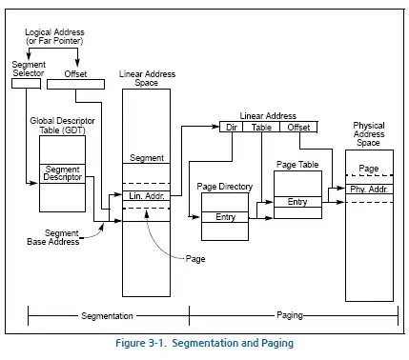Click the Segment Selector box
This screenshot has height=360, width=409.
click(x=26, y=84)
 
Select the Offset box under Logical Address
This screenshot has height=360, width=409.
click(x=75, y=84)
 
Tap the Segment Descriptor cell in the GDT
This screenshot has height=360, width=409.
click(x=62, y=173)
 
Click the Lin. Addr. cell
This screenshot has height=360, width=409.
click(x=146, y=196)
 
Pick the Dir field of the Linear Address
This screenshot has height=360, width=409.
click(x=231, y=128)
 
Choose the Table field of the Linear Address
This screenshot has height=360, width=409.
click(x=261, y=128)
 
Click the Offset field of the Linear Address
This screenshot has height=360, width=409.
click(x=298, y=128)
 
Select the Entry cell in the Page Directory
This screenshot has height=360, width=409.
click(x=225, y=217)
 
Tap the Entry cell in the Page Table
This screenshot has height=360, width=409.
click(x=297, y=202)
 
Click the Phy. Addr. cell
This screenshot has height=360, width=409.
click(x=369, y=190)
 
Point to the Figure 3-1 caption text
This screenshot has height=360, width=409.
click(x=204, y=343)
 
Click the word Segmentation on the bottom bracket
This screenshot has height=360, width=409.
click(x=107, y=316)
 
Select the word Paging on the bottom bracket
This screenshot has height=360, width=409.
click(x=290, y=315)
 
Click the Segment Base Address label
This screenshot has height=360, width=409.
click(x=53, y=237)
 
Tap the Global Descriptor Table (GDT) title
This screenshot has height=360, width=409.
click(x=62, y=126)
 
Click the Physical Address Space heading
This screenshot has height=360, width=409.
click(x=369, y=134)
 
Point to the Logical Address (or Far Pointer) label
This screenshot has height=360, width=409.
click(x=54, y=36)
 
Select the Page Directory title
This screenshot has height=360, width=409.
click(x=225, y=187)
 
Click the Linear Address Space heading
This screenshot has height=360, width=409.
click(x=147, y=78)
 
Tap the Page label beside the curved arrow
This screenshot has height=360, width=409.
click(x=195, y=259)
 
